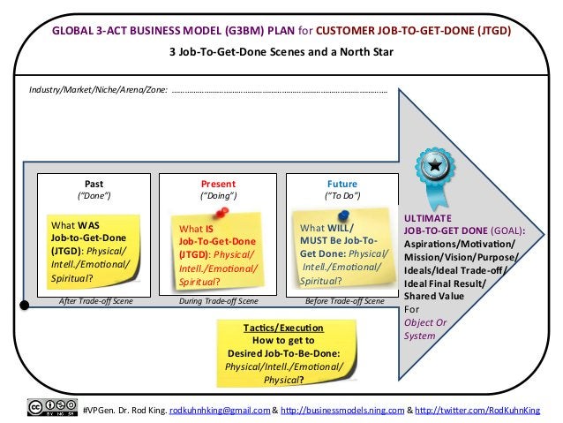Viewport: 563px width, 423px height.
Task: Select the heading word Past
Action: point(94,184)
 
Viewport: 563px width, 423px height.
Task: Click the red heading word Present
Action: point(218,184)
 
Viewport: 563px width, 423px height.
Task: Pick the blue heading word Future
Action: point(342,184)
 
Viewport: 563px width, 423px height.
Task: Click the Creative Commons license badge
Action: point(51,407)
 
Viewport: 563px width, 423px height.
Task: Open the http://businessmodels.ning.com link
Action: point(342,409)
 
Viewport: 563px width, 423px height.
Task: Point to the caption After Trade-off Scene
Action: point(95,301)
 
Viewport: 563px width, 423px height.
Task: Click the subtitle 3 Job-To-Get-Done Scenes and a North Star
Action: point(281,52)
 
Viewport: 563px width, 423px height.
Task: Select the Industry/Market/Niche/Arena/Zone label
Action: point(98,90)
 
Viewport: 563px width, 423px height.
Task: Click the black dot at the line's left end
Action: point(26,306)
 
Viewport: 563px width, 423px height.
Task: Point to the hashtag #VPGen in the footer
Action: point(98,409)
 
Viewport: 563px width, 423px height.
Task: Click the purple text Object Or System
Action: point(425,329)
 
